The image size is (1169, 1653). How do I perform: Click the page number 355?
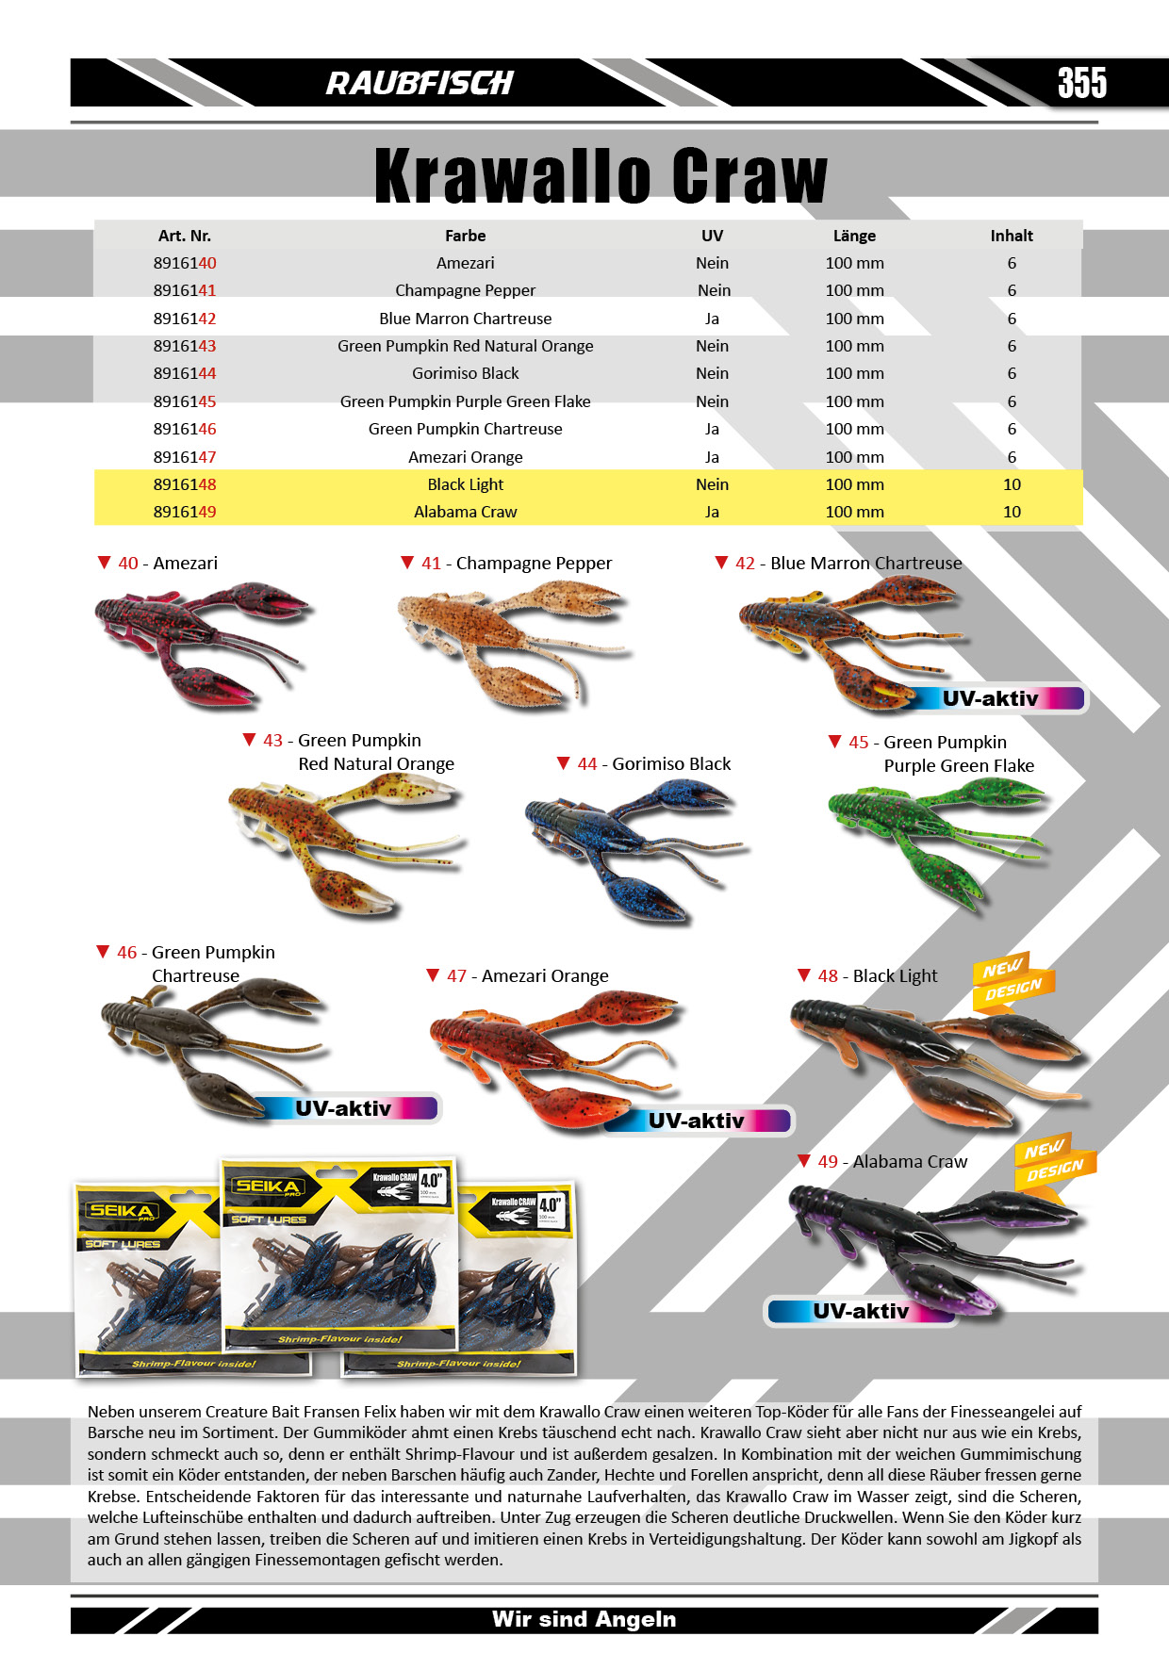point(1081,83)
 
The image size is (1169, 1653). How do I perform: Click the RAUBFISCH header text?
point(420,84)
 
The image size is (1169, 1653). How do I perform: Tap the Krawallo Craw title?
point(601,176)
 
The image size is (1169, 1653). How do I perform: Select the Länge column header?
point(854,236)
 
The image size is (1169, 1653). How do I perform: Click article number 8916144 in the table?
point(185,373)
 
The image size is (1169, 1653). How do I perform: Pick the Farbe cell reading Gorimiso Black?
point(465,373)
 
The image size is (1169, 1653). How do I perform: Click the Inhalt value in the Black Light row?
point(1012,484)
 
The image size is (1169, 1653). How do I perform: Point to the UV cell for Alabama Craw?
point(712,512)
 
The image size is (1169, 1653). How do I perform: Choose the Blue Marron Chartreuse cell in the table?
point(465,319)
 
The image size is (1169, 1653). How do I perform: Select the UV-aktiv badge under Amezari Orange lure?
point(698,1121)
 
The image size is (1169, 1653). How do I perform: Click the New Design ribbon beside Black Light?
point(1013,982)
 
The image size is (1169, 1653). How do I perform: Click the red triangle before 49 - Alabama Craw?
point(803,1161)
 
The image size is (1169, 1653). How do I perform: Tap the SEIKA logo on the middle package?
point(269,1187)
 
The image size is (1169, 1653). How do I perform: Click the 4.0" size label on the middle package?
point(431,1180)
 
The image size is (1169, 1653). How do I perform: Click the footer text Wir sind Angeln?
point(584,1619)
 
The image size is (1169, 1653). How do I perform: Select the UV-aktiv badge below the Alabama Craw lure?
point(860,1311)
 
